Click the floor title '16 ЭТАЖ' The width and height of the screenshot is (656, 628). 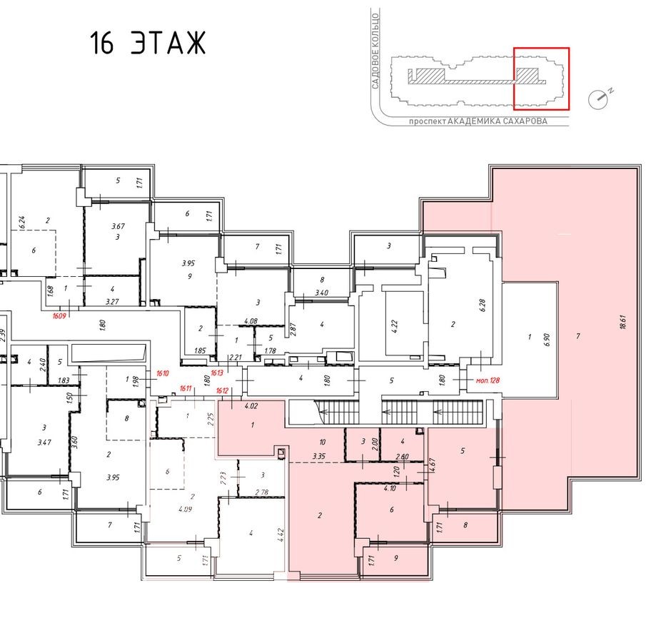(x=148, y=44)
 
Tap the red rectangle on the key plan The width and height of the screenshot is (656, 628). (x=542, y=78)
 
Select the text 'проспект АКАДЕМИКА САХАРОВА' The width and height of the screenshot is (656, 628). (x=478, y=121)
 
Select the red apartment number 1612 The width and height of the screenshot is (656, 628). (x=223, y=390)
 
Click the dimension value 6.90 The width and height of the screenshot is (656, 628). (x=548, y=338)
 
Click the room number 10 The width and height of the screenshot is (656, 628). (x=323, y=442)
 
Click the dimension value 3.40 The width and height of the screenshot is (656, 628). (x=322, y=293)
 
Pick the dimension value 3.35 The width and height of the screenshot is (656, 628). (x=319, y=457)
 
